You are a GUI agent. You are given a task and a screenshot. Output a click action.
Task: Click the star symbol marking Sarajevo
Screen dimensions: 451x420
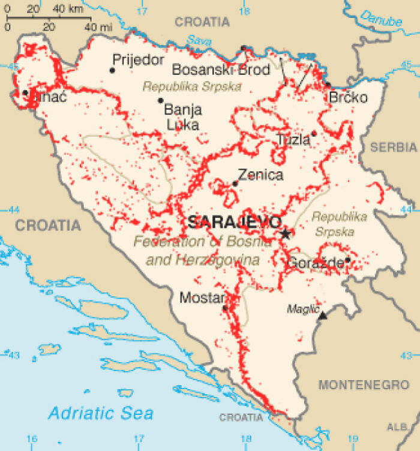[286, 234]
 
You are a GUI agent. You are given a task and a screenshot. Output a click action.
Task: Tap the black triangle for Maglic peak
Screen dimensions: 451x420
[323, 315]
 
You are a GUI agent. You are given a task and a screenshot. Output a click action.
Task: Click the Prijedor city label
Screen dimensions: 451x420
[138, 60]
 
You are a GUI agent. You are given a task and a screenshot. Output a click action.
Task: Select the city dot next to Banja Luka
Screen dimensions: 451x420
[161, 101]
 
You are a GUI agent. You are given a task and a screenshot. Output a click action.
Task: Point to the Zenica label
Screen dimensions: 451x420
[260, 175]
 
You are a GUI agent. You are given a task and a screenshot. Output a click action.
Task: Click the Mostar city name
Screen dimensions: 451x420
[202, 297]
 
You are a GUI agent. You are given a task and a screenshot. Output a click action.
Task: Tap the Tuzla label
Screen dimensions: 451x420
[293, 140]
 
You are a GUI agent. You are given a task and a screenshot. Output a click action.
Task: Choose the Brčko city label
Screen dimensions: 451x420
[348, 97]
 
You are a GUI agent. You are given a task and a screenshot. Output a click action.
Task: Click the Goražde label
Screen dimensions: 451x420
[316, 263]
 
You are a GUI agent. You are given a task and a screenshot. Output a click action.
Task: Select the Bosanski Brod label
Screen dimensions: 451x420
[221, 70]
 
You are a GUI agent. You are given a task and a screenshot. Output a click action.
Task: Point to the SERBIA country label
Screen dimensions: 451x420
[394, 147]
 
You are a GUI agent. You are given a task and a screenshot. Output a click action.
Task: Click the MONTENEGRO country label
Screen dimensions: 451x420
[364, 384]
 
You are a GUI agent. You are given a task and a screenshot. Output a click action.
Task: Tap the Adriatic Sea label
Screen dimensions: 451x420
[101, 413]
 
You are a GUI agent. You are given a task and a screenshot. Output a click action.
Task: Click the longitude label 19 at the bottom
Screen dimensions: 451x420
[353, 439]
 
